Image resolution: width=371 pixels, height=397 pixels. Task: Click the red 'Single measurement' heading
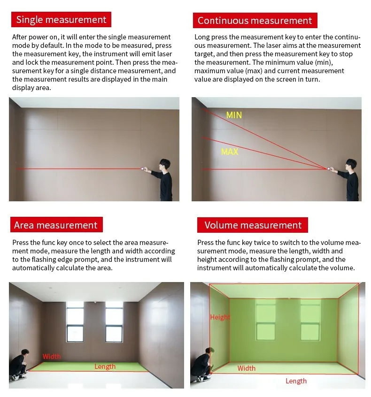(61, 20)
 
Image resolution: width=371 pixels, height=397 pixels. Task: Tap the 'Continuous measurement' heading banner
(255, 21)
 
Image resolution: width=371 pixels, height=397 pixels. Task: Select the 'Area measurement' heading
(56, 225)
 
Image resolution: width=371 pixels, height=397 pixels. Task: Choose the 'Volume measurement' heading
(253, 225)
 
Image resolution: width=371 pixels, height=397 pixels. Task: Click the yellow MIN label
(234, 115)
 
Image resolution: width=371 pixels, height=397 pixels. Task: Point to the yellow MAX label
(230, 152)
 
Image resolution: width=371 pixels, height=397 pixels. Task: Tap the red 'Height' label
(220, 317)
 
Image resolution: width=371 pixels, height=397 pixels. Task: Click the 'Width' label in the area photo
(52, 357)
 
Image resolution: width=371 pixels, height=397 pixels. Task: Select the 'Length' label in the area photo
(105, 366)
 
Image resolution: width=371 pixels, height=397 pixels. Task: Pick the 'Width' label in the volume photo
(247, 368)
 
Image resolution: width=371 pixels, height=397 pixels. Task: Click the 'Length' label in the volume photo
(296, 381)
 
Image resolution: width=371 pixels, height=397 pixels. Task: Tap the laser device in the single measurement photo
(144, 168)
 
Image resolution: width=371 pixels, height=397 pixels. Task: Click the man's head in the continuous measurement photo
(351, 166)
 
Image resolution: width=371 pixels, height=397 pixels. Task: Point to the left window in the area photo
(75, 321)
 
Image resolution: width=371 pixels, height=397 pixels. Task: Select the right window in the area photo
(114, 321)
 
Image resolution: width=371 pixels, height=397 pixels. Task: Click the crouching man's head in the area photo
(25, 353)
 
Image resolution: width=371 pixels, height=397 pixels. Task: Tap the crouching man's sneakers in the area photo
(18, 377)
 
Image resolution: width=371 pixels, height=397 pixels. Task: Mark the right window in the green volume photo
(310, 320)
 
